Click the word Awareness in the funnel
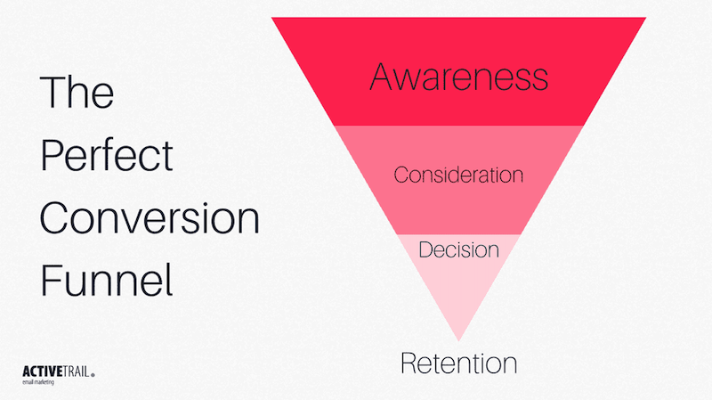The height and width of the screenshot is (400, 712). point(458,78)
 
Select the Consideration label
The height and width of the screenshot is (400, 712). point(458,175)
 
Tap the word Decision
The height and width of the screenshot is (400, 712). point(458,249)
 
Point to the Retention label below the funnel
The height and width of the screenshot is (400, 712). point(458,363)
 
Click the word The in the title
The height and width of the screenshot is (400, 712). point(77,93)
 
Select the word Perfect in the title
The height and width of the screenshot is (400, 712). point(107,156)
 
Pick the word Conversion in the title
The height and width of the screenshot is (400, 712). point(150,218)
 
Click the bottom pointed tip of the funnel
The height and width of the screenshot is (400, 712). point(458,339)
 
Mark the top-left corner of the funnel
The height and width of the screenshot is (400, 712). point(273,19)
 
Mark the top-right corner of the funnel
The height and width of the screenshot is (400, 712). point(644,19)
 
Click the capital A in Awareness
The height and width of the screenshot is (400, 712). point(382,78)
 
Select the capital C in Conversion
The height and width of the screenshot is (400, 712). point(55,218)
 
